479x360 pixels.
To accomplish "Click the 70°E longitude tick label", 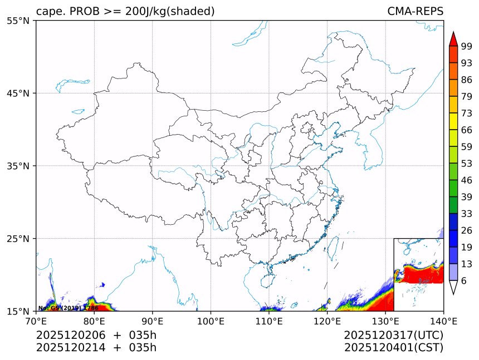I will (x=36, y=321).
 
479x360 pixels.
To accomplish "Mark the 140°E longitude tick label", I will (x=443, y=321).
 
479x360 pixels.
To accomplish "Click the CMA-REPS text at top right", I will (x=415, y=12).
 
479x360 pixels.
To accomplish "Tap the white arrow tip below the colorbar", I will (x=453, y=288).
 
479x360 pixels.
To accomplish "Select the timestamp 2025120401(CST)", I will (x=393, y=348).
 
